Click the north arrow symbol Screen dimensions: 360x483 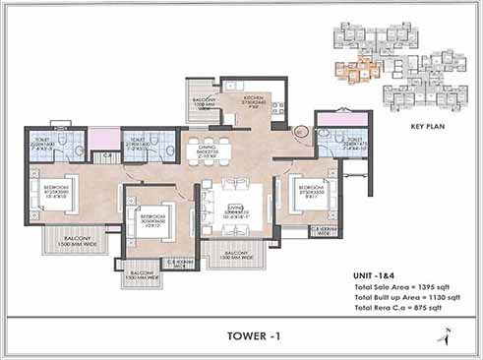447,337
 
